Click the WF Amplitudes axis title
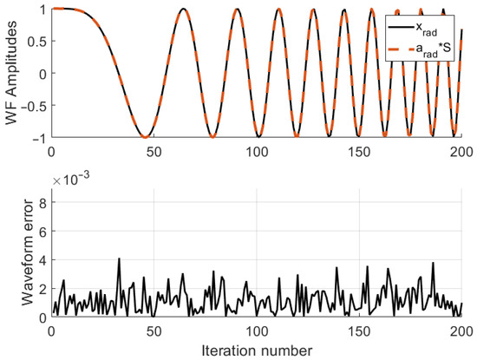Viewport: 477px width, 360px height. [11, 73]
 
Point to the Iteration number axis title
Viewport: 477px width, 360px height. [257, 350]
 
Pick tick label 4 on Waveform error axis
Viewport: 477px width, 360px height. [42, 259]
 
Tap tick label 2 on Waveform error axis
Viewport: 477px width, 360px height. [42, 288]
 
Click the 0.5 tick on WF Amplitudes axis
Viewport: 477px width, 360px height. [36, 41]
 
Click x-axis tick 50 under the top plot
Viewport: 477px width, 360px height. [154, 150]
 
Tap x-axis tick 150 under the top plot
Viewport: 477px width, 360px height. [359, 150]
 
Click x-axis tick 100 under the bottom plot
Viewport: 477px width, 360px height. [257, 331]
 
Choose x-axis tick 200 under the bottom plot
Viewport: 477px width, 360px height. [461, 331]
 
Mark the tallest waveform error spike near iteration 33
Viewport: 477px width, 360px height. [119, 259]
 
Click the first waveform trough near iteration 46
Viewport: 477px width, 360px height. [146, 136]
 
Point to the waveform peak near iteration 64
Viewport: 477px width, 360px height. [183, 10]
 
